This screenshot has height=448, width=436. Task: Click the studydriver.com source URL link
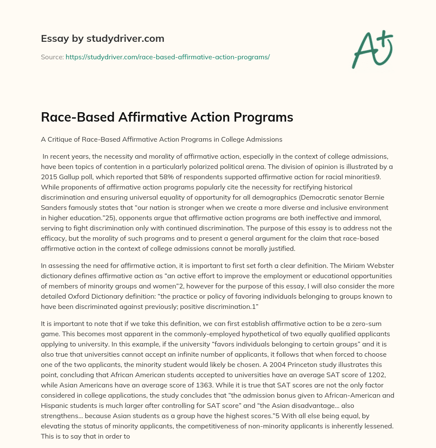pyautogui.click(x=167, y=56)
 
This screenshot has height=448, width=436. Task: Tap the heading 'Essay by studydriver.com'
pyautogui.click(x=102, y=38)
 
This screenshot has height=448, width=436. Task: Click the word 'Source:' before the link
pyautogui.click(x=52, y=56)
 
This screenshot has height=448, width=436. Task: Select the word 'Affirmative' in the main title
pyautogui.click(x=156, y=117)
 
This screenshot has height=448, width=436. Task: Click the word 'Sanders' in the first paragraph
pyautogui.click(x=55, y=209)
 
